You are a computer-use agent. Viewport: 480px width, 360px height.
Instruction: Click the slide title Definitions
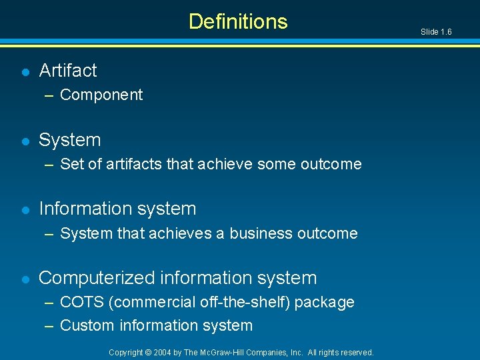(x=238, y=21)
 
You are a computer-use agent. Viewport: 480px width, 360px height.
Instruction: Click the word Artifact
(x=68, y=70)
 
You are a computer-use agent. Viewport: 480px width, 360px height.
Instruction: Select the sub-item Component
(x=101, y=95)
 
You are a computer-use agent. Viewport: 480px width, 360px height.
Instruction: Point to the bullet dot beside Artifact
(x=25, y=71)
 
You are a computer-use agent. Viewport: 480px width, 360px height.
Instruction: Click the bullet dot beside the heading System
(x=25, y=141)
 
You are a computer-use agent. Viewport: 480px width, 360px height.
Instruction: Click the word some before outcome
(x=275, y=164)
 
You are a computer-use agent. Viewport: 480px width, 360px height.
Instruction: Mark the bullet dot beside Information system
(x=25, y=209)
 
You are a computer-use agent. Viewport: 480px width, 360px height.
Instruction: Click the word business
(x=261, y=233)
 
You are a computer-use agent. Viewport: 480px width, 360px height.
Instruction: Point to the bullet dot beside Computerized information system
(x=25, y=279)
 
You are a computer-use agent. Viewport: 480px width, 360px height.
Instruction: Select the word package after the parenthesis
(x=325, y=303)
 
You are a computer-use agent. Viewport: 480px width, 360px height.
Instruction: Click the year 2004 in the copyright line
(x=163, y=353)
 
